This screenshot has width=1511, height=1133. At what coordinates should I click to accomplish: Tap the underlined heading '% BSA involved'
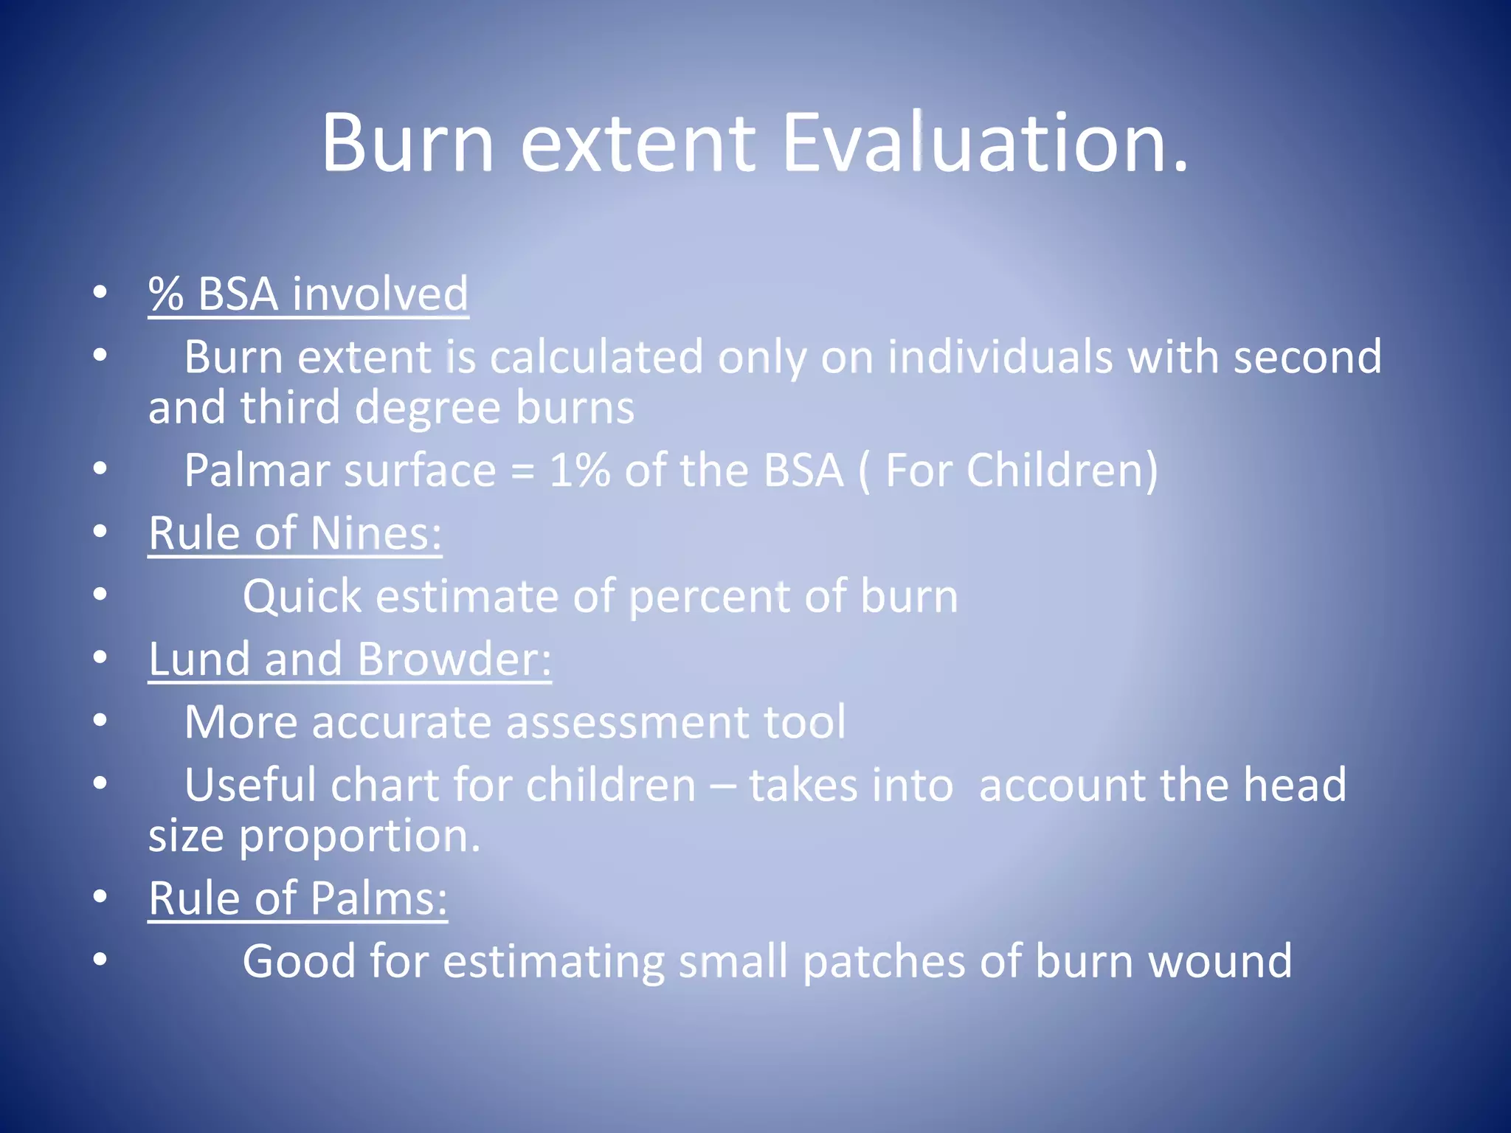(x=308, y=294)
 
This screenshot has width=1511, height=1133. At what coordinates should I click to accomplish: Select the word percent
(x=709, y=597)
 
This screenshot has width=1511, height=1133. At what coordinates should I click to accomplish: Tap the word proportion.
(x=360, y=837)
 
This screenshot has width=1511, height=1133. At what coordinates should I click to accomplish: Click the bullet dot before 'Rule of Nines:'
(x=100, y=532)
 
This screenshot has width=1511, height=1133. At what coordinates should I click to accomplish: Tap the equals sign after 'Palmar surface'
(x=522, y=472)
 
